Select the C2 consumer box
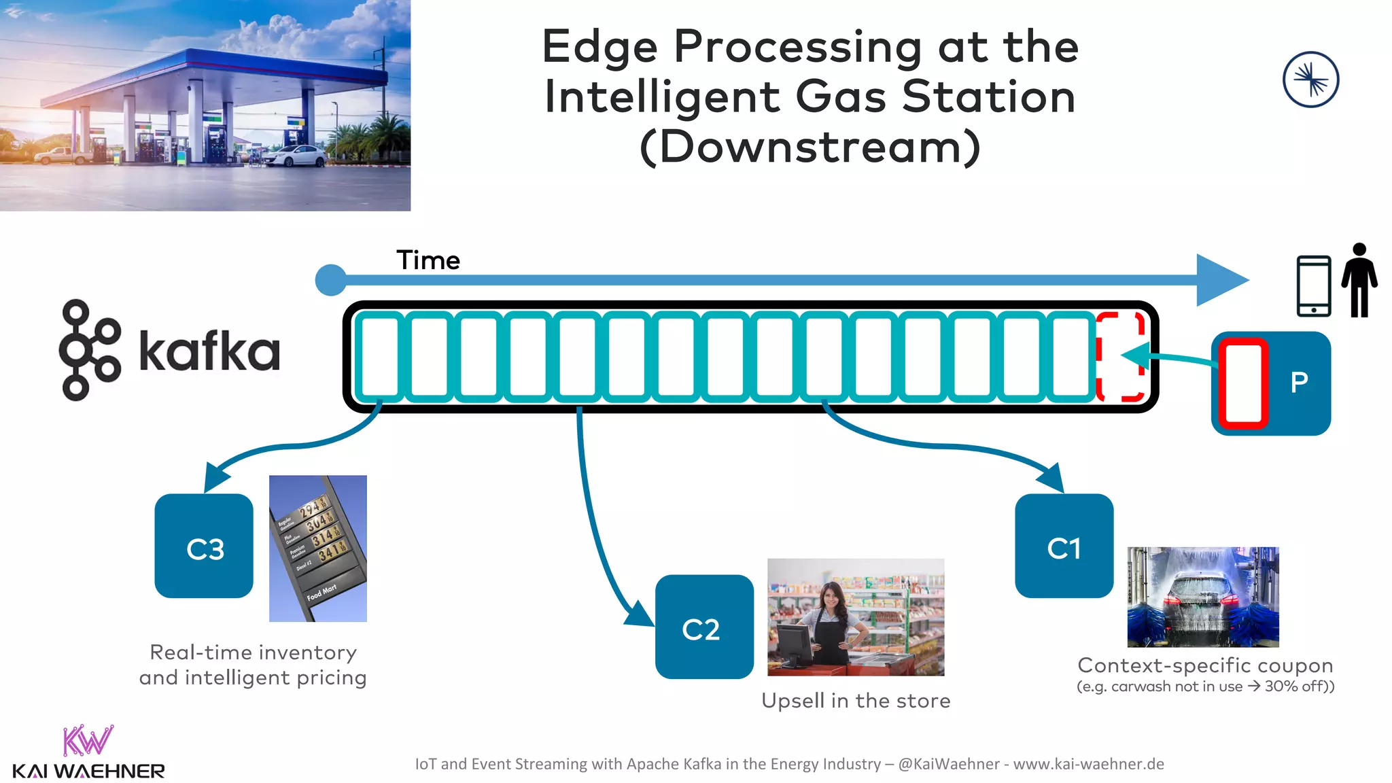pos(704,627)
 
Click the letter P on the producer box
pos(1299,383)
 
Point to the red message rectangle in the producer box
pos(1243,383)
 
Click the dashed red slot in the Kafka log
pos(1120,356)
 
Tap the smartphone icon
pos(1313,286)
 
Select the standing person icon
pos(1359,280)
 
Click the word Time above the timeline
pos(428,260)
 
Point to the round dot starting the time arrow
pos(331,280)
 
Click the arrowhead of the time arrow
pos(1220,280)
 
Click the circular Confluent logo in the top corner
pos(1310,80)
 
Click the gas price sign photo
pos(318,548)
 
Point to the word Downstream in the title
pos(810,147)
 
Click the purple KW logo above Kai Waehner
pos(88,740)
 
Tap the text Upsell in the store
pos(856,701)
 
